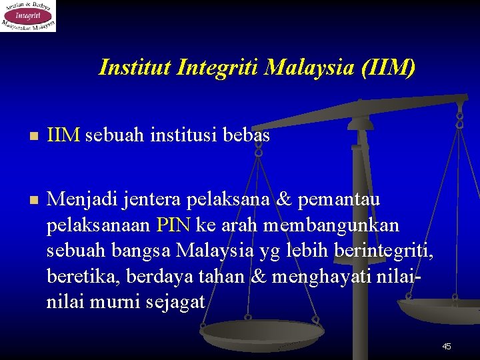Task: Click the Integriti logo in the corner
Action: pyautogui.click(x=28, y=16)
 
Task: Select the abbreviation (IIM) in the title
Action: pyautogui.click(x=389, y=67)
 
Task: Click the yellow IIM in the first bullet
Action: pyautogui.click(x=63, y=136)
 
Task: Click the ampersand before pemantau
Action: pyautogui.click(x=283, y=199)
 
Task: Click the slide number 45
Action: pyautogui.click(x=447, y=346)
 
